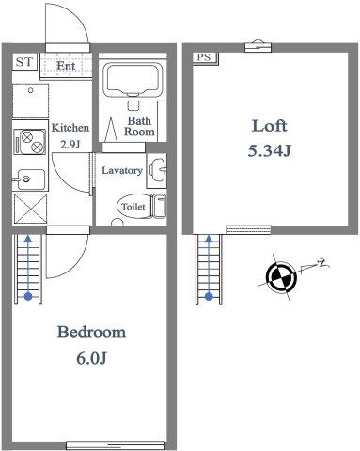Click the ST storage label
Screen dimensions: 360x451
24,62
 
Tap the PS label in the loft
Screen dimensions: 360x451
203,57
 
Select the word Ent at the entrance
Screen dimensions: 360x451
66,66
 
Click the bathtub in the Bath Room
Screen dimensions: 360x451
133,80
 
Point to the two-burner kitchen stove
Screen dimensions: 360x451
30,142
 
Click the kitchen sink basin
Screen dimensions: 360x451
31,179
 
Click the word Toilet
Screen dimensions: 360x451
133,207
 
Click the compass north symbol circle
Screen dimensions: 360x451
281,276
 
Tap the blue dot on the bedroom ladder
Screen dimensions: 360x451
28,296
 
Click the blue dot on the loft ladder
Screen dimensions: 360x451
209,296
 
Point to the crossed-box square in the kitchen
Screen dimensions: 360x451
30,209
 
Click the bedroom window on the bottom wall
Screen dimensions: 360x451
116,445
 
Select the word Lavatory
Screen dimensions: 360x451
122,170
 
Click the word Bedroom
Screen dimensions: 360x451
91,332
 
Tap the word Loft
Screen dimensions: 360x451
270,126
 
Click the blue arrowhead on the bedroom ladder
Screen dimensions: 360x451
28,240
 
